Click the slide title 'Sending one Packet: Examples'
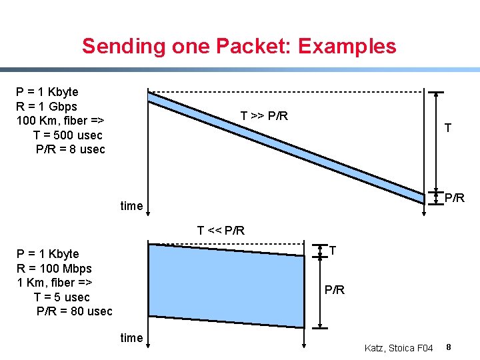click(239, 46)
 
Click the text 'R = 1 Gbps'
click(47, 107)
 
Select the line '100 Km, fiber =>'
click(61, 121)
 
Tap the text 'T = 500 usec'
click(68, 135)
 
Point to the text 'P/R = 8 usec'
click(70, 149)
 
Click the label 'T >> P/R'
click(264, 116)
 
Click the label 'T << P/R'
click(221, 231)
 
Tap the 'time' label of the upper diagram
click(131, 206)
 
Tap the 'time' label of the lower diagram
click(131, 338)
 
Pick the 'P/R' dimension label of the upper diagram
click(455, 198)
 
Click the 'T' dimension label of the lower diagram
click(333, 250)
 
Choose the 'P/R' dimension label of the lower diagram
click(335, 291)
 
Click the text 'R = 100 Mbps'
click(54, 269)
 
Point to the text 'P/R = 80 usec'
click(74, 311)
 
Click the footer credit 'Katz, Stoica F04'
click(399, 348)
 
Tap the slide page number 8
click(449, 347)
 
